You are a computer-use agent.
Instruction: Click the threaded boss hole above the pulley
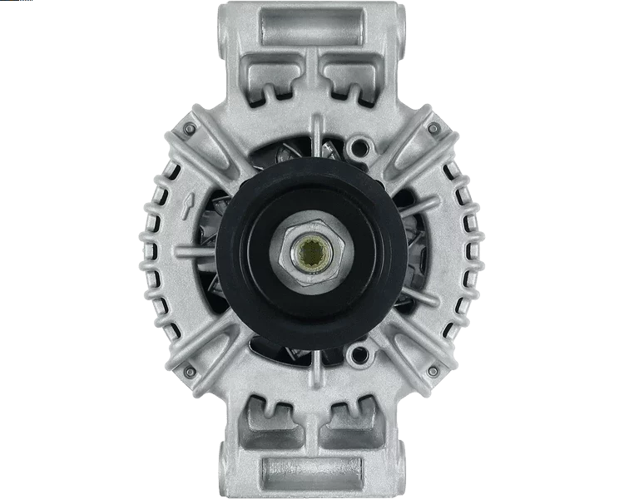click(x=360, y=149)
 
